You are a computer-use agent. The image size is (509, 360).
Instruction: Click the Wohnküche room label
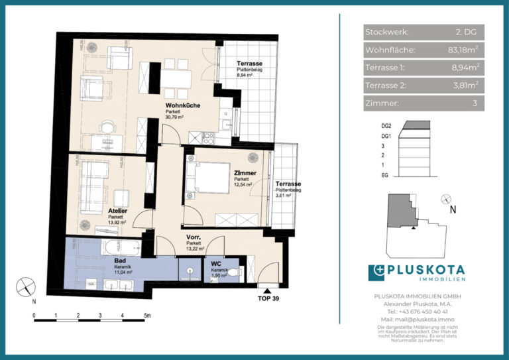pyautogui.click(x=183, y=106)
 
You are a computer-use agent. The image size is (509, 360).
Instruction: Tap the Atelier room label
pyautogui.click(x=118, y=211)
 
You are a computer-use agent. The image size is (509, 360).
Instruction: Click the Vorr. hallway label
pyautogui.click(x=194, y=237)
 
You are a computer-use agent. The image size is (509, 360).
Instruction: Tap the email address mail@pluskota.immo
pyautogui.click(x=418, y=319)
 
